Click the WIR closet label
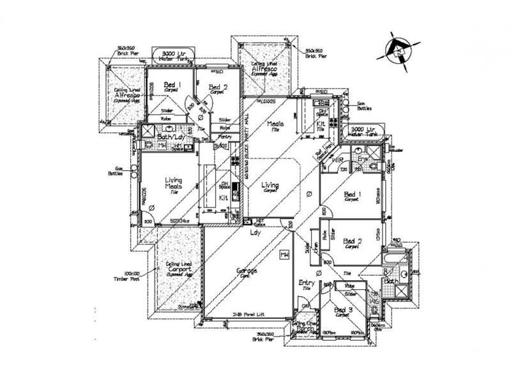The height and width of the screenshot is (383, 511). point(338,160)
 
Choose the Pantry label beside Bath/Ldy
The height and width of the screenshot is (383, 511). point(224,136)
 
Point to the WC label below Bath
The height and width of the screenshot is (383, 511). point(376,299)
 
